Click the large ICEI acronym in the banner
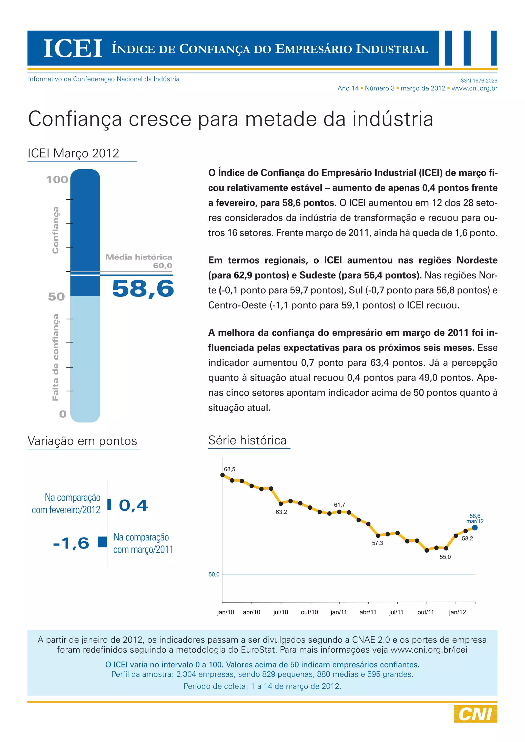click(73, 48)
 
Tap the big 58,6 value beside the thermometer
click(143, 288)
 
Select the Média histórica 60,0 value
click(163, 266)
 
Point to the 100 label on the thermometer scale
click(57, 180)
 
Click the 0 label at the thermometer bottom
click(63, 414)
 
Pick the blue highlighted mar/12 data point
click(474, 528)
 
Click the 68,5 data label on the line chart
click(229, 469)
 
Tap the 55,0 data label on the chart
click(445, 557)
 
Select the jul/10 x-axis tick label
click(281, 612)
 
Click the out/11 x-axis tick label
click(426, 612)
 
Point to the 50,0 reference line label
click(214, 574)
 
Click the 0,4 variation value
click(134, 506)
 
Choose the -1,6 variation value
click(71, 543)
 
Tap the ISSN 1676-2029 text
click(478, 81)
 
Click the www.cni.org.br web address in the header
click(474, 88)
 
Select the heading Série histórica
click(247, 440)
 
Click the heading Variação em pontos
click(83, 441)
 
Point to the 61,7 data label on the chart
click(339, 505)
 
